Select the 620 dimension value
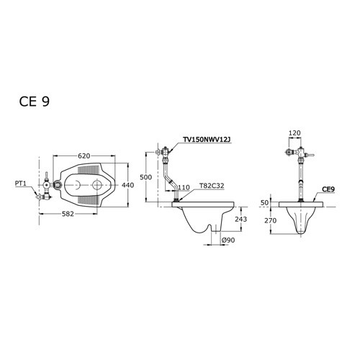(85, 155)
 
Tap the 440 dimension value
(128, 185)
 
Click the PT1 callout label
(21, 184)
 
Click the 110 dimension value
(184, 187)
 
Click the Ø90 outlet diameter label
(229, 239)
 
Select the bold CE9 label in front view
(328, 189)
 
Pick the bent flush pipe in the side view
(171, 180)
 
